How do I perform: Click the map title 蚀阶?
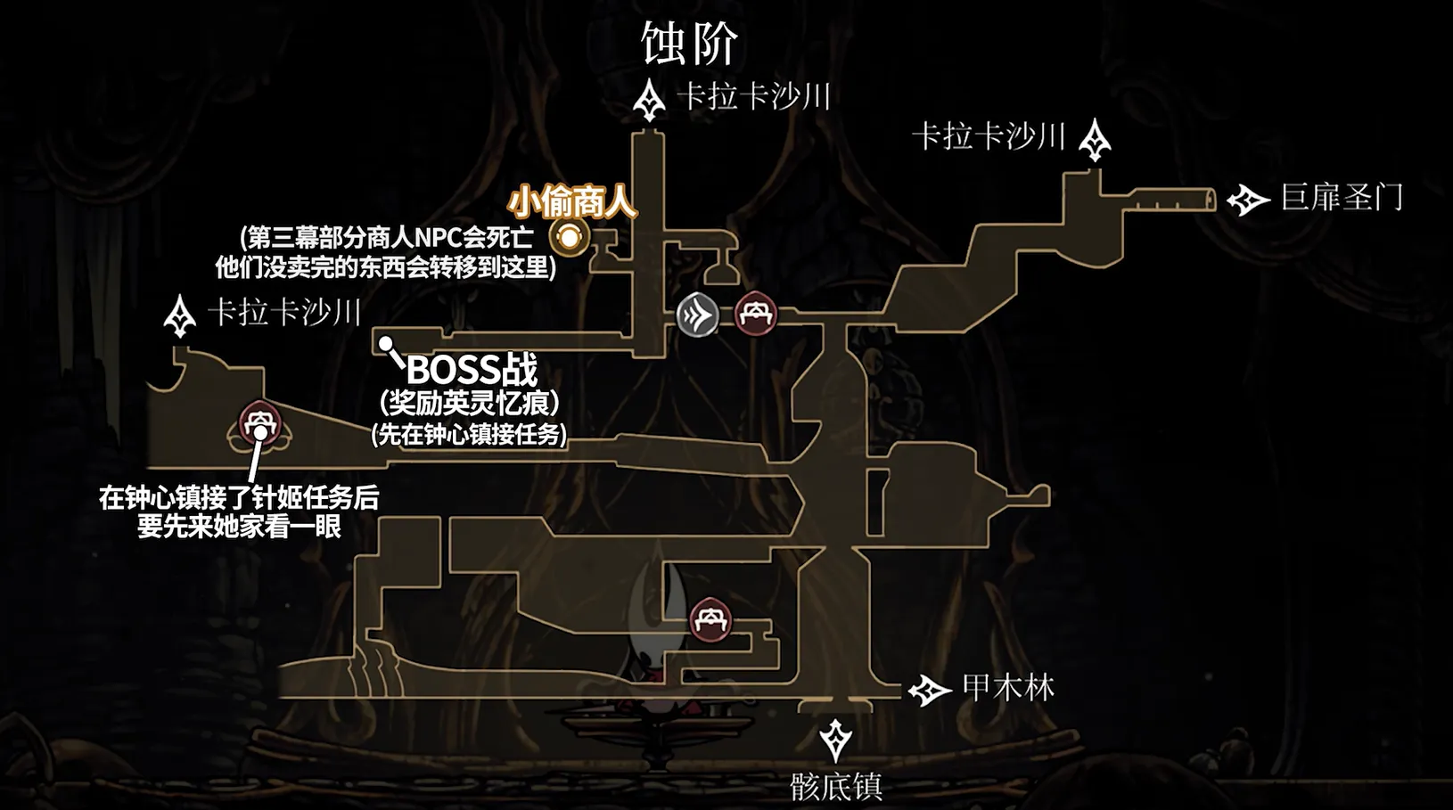(x=690, y=43)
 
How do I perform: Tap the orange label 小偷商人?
(x=571, y=202)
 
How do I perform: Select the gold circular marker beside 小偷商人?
(x=569, y=237)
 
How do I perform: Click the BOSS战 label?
(x=472, y=371)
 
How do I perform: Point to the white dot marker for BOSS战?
(x=386, y=343)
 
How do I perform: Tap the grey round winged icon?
(x=698, y=315)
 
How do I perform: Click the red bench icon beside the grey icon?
(x=756, y=315)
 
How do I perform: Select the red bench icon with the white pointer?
(x=260, y=423)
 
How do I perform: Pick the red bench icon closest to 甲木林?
(x=710, y=619)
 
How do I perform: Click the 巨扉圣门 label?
(x=1342, y=197)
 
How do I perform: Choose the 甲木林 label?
(x=1009, y=688)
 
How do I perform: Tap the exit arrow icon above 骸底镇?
(x=835, y=740)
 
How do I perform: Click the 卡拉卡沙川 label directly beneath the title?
(x=754, y=97)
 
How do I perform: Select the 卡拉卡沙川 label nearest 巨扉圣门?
(x=989, y=137)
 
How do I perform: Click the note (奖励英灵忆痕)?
(x=470, y=404)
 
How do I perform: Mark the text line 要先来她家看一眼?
(x=240, y=527)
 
